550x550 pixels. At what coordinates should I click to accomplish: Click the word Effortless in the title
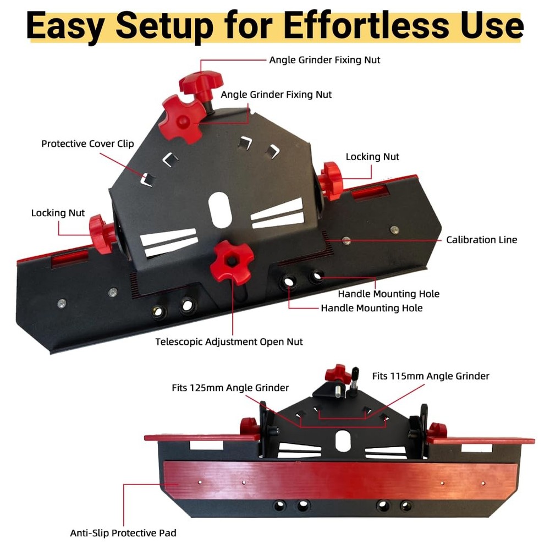point(366,26)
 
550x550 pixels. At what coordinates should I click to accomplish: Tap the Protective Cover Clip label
point(87,144)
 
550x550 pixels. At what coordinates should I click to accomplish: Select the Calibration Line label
point(482,240)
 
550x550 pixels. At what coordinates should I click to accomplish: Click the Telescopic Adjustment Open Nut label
point(229,342)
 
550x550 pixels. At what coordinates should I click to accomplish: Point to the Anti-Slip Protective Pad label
point(123,533)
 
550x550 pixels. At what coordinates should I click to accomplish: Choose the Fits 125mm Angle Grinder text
point(230,388)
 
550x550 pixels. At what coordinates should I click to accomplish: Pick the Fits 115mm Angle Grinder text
point(431,376)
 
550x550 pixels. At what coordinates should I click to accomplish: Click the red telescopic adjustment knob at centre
point(232,261)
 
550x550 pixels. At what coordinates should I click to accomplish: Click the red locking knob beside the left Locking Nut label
point(101,234)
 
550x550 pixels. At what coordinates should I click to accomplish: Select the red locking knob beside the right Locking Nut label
point(332,181)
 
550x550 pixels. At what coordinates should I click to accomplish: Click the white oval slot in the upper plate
point(220,210)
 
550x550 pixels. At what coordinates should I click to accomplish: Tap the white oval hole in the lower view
point(343,441)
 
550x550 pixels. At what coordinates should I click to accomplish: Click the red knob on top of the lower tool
point(338,374)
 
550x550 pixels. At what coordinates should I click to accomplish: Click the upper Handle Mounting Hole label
point(389,294)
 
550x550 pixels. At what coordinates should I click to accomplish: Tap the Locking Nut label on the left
point(58,213)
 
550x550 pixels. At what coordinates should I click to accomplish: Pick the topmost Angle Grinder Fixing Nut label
point(324,60)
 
